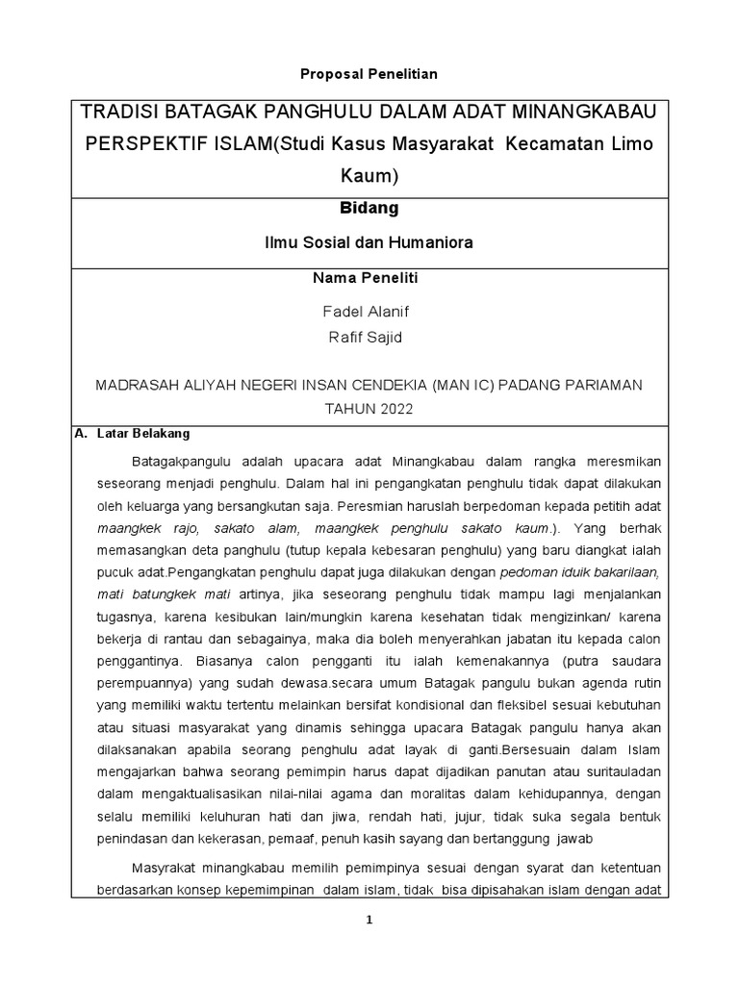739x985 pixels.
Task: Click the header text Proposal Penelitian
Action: [369, 74]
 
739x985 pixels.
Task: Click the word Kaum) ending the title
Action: [369, 176]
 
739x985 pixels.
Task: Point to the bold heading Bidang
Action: [369, 208]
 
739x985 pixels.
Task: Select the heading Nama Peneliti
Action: [369, 278]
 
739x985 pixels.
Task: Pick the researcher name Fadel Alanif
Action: [369, 313]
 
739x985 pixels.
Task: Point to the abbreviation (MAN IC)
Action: [469, 385]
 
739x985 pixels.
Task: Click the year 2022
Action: [394, 409]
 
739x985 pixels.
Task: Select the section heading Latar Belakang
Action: [143, 434]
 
